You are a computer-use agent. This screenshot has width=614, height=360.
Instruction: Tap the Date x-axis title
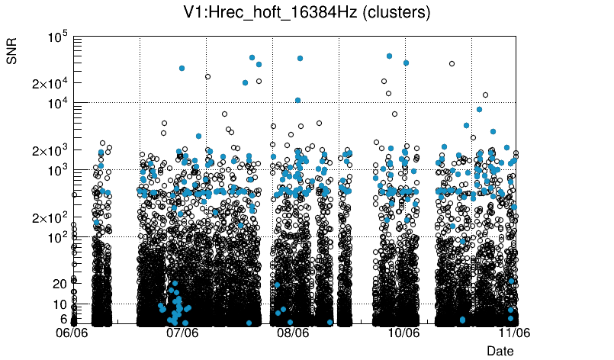pyautogui.click(x=500, y=350)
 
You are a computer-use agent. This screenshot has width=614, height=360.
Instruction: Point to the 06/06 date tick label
pyautogui.click(x=73, y=333)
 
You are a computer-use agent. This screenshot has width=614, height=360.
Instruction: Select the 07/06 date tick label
pyautogui.click(x=183, y=333)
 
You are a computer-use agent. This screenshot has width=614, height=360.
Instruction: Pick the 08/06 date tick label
pyautogui.click(x=293, y=333)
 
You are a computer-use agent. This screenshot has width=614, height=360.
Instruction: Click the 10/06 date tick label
pyautogui.click(x=403, y=333)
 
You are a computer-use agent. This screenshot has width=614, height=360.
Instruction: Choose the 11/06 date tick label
pyautogui.click(x=514, y=333)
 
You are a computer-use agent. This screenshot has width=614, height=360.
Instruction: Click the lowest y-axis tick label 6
pyautogui.click(x=64, y=319)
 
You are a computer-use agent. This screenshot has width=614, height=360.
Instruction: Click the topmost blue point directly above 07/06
pyautogui.click(x=182, y=68)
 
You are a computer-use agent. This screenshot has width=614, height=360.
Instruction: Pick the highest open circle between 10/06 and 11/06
pyautogui.click(x=452, y=64)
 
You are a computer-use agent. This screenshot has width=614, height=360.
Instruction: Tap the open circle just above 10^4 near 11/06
pyautogui.click(x=485, y=95)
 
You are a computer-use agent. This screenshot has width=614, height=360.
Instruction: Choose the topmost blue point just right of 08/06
pyautogui.click(x=300, y=58)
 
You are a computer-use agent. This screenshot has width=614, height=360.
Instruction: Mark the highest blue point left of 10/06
pyautogui.click(x=389, y=56)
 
